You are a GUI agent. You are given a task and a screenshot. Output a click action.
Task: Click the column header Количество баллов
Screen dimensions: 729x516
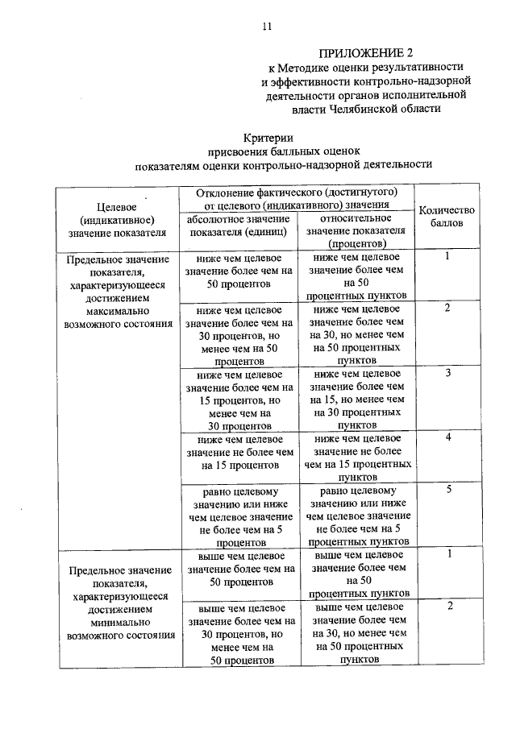tap(447, 216)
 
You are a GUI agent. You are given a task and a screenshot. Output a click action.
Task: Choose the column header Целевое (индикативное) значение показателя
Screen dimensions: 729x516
tap(118, 217)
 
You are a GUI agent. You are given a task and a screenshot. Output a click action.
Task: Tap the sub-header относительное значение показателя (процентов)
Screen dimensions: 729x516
tap(356, 230)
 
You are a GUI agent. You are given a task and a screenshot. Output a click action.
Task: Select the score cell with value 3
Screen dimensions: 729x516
tap(447, 374)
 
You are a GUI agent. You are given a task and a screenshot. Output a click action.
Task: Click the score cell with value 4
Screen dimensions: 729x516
tap(447, 437)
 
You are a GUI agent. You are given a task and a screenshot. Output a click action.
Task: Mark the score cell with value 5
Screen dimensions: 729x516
tap(447, 489)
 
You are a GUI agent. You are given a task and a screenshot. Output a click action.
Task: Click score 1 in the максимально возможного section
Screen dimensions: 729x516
tap(447, 256)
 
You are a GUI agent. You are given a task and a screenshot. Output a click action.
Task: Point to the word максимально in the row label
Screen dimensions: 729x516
tap(118, 311)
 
